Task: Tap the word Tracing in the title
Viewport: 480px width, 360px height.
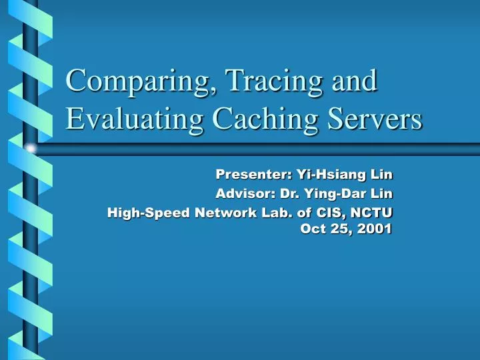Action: point(255,82)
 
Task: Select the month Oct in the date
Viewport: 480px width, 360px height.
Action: point(313,229)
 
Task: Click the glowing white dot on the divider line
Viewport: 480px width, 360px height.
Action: point(30,148)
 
